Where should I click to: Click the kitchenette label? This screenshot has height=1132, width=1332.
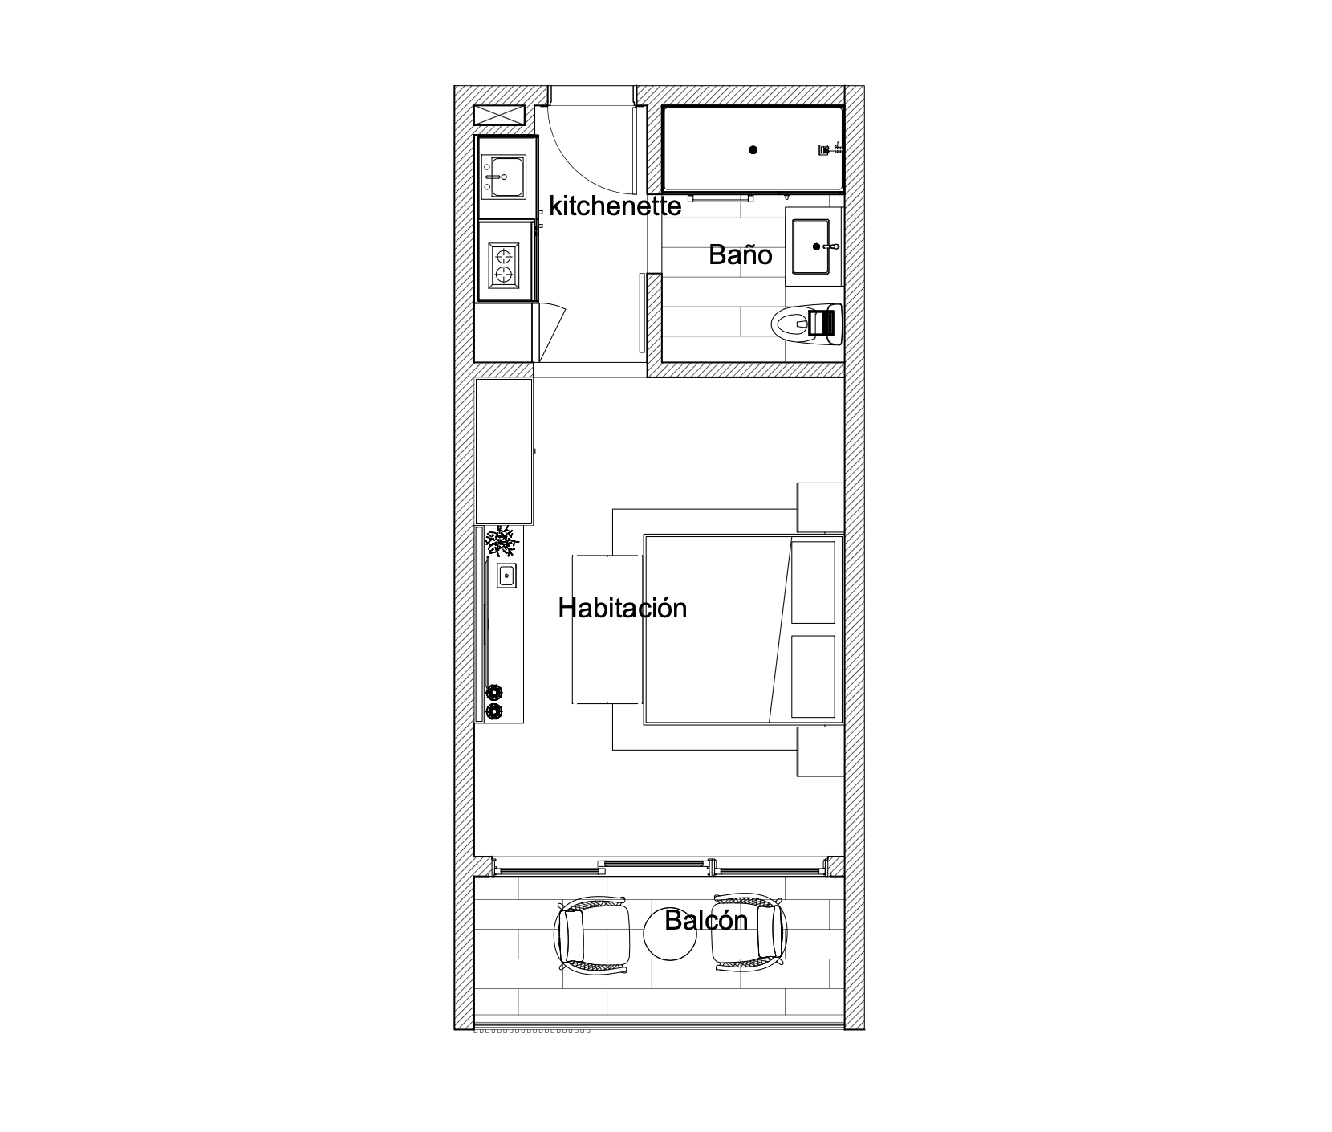615,206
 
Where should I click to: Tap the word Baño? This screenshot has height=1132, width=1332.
740,255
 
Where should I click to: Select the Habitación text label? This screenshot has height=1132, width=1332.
623,608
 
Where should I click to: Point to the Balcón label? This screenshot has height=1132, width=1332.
706,920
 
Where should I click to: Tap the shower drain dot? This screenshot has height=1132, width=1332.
753,149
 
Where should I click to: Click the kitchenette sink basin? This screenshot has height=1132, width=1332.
502,177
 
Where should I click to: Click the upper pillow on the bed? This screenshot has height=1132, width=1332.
813,582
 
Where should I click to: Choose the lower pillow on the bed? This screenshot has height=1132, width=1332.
813,676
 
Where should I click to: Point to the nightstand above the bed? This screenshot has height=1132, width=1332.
820,507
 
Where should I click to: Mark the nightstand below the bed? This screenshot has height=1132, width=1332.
820,751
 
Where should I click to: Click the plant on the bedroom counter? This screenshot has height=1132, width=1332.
502,542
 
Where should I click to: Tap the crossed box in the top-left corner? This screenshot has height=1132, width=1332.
498,115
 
